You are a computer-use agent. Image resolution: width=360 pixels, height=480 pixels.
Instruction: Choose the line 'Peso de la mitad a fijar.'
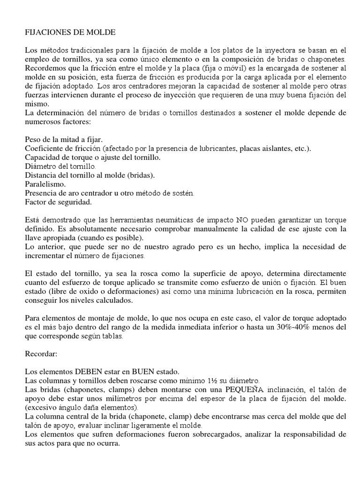[x=66, y=140]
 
